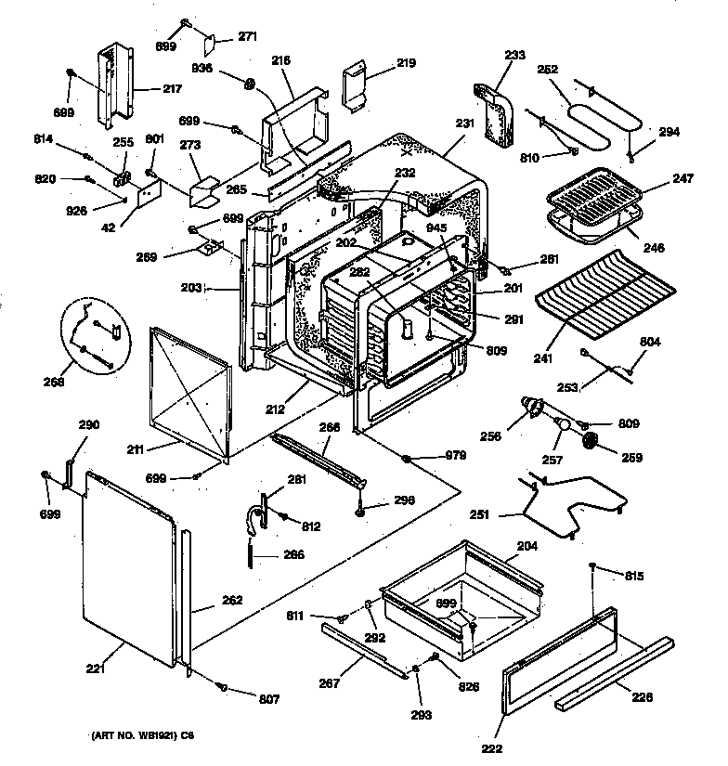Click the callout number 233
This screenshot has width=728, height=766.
(x=514, y=55)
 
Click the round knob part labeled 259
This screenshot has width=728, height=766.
(x=589, y=443)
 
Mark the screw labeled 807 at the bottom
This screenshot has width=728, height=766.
(x=221, y=687)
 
